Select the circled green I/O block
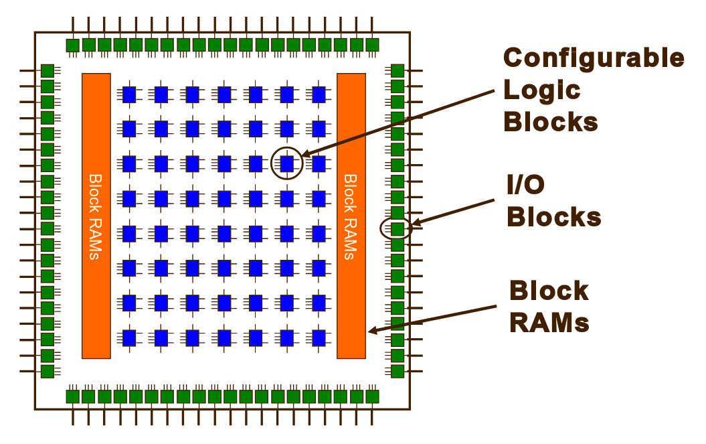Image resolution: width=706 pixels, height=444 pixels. [397, 229]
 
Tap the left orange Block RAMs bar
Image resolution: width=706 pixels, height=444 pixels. [96, 216]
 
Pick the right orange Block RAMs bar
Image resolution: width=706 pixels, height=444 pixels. [351, 216]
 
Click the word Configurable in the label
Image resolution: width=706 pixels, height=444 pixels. [594, 58]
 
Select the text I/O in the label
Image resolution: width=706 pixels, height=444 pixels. [526, 186]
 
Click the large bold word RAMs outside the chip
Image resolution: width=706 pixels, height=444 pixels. [549, 323]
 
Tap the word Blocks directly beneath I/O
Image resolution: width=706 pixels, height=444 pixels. [553, 218]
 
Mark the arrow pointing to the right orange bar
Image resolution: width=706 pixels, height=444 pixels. [435, 319]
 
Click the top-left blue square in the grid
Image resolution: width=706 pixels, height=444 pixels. [129, 94]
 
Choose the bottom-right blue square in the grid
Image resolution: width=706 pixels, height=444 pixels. [319, 337]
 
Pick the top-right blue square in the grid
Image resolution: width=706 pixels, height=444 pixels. [319, 94]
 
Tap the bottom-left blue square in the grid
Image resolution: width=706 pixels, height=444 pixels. [129, 337]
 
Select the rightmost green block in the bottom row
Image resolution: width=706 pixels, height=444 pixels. [372, 396]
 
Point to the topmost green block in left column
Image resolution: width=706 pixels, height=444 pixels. [47, 70]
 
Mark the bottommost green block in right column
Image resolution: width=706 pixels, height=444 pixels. [397, 371]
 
